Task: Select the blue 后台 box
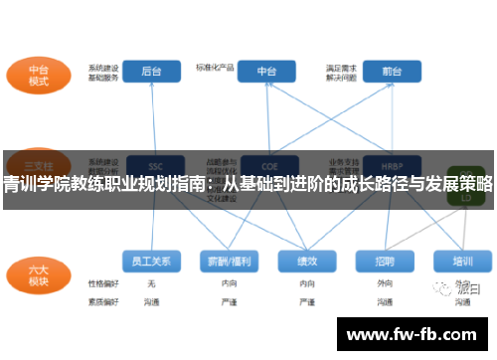151,72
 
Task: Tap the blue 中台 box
266,72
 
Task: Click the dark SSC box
155,165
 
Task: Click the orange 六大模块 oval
39,272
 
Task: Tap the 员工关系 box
151,262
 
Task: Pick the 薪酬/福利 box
229,262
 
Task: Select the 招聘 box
385,262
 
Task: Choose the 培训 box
462,262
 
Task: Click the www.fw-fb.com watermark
415,334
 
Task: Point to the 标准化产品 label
215,68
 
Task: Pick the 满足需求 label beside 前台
341,67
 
